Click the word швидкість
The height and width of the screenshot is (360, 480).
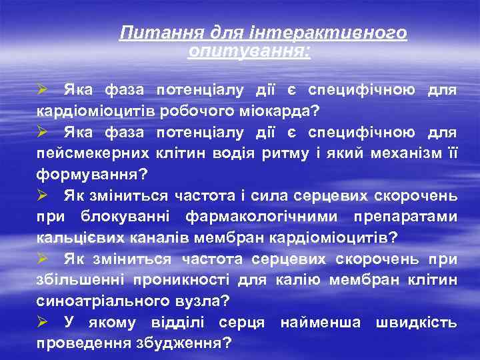(416, 324)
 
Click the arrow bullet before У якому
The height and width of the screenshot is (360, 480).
(42, 323)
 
